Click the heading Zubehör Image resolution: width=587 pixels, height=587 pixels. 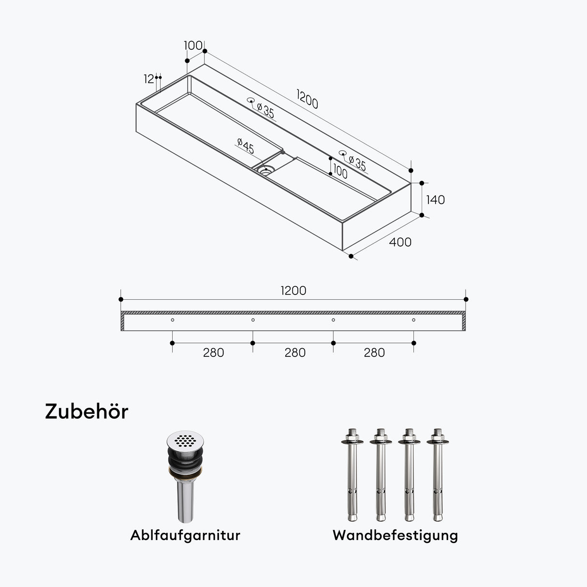(87, 411)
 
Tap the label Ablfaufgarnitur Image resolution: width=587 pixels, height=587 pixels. (185, 535)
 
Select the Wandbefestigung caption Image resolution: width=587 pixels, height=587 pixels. (395, 535)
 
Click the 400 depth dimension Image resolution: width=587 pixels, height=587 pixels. (400, 242)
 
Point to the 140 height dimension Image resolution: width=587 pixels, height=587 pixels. (435, 200)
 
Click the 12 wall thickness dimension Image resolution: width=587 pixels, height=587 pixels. (148, 79)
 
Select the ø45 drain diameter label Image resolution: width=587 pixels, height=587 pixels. (246, 146)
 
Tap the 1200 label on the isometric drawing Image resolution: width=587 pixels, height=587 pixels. (308, 100)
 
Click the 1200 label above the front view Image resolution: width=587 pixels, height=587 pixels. (293, 291)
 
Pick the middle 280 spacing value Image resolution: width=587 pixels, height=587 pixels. (294, 352)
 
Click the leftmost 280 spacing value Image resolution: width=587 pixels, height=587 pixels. (213, 352)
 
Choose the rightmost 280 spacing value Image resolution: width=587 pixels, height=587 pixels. (374, 352)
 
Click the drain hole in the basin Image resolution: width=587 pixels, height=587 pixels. (265, 170)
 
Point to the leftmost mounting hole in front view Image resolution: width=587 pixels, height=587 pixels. (173, 320)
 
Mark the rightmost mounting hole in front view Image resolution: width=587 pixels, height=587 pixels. (413, 320)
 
